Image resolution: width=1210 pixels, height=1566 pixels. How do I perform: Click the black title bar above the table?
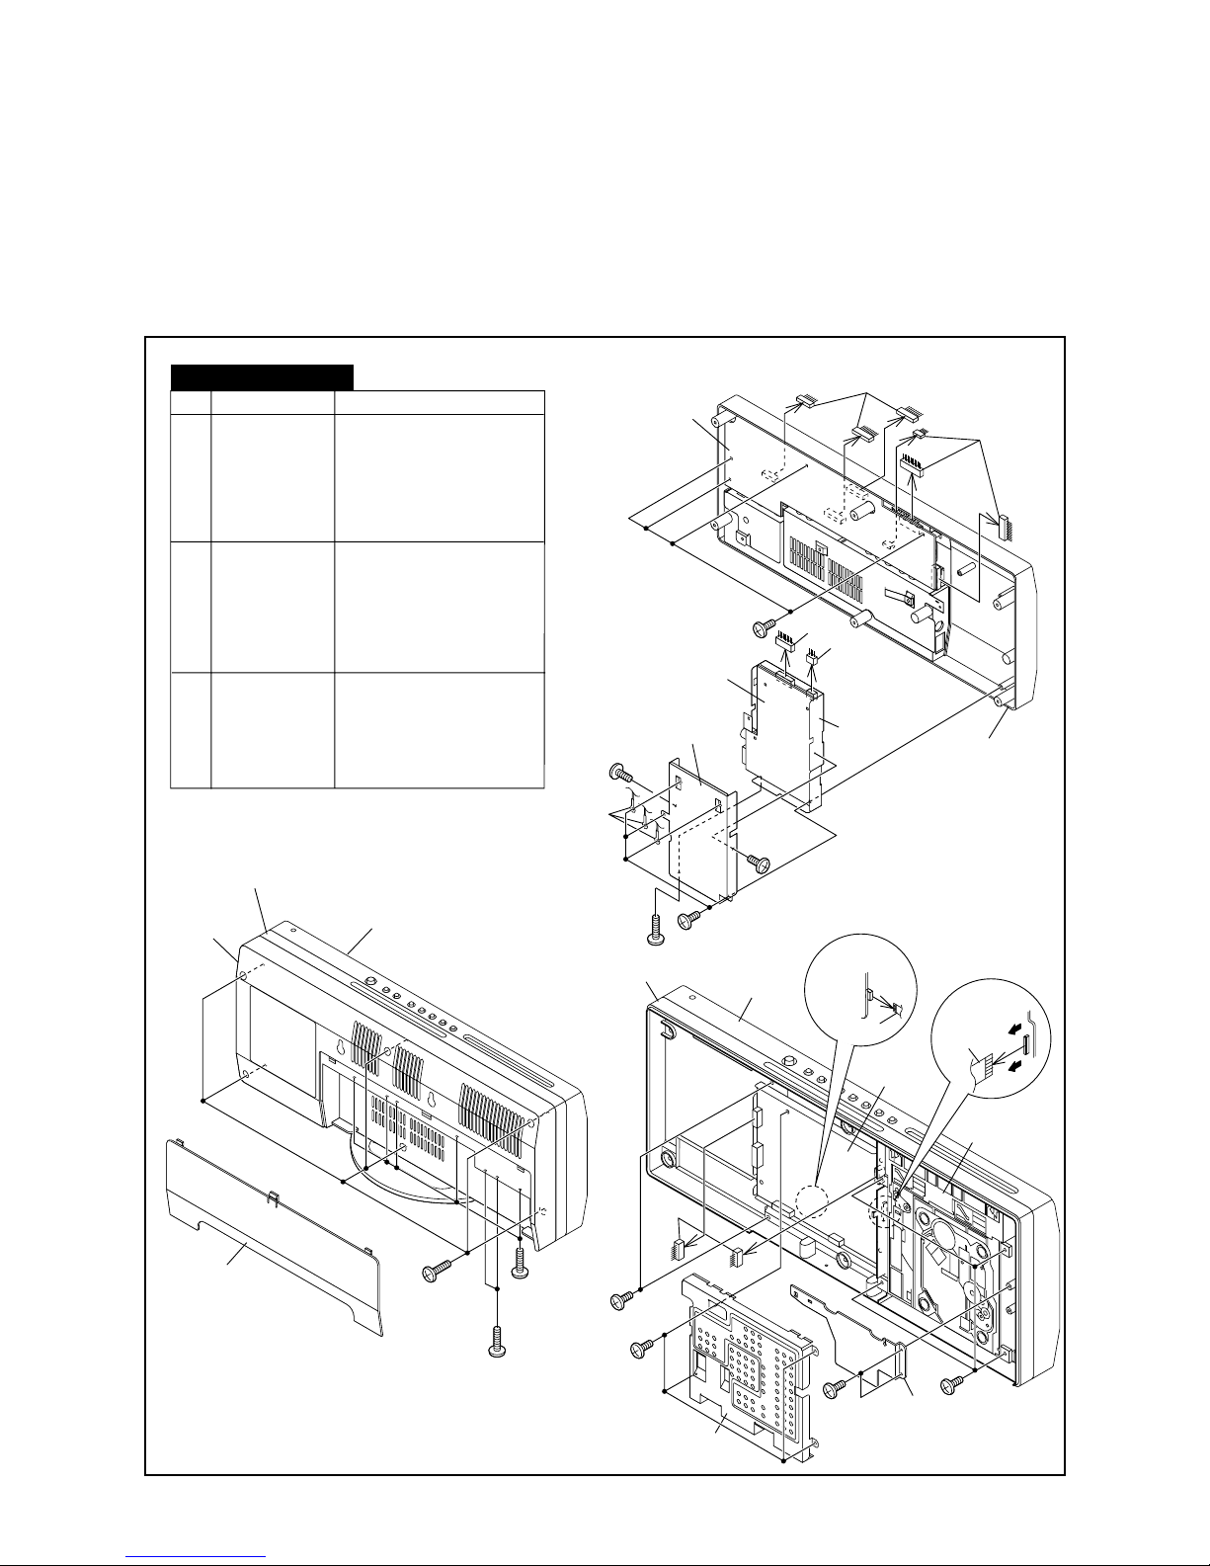point(262,376)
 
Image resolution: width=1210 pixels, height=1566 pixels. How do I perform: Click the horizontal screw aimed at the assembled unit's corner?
point(434,1272)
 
